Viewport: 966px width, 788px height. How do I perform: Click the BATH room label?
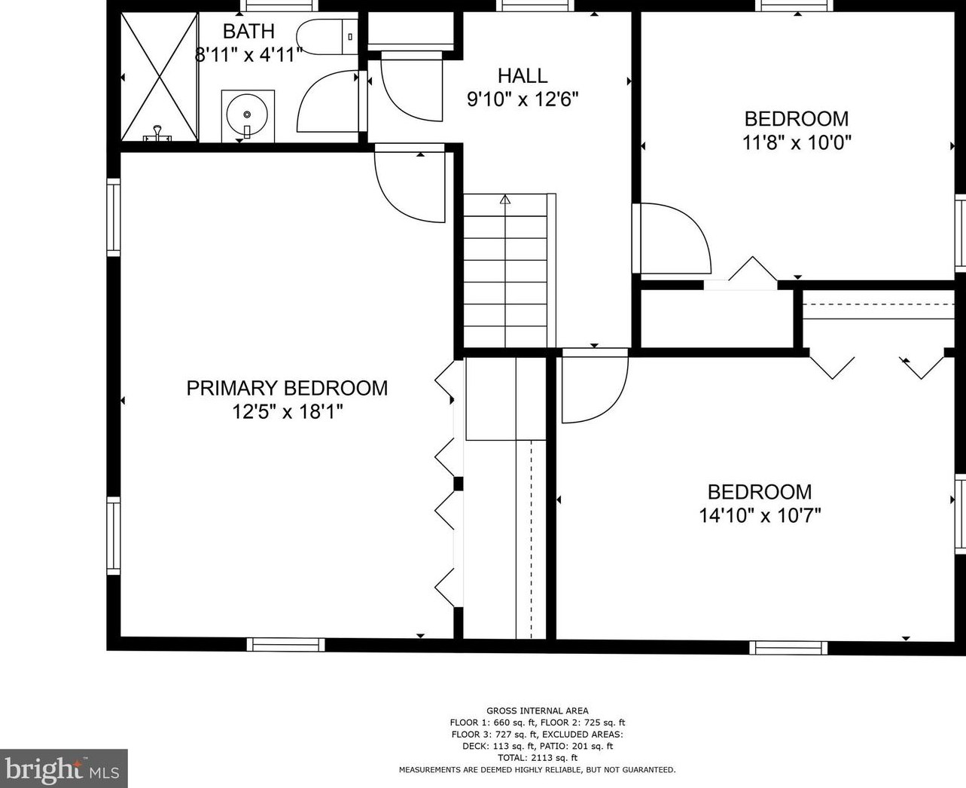click(x=248, y=31)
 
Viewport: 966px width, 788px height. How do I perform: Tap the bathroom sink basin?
click(x=248, y=115)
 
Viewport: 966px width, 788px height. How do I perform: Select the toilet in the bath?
click(x=327, y=37)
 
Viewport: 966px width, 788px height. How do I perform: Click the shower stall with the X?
click(x=159, y=77)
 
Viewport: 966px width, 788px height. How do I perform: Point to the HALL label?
click(x=523, y=75)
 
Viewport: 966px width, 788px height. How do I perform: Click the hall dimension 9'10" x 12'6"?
click(x=523, y=99)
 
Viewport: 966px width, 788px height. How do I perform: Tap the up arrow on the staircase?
click(x=505, y=200)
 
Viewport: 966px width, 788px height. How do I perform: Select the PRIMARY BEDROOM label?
click(x=287, y=388)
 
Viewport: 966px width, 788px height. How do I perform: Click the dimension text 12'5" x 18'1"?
click(x=287, y=411)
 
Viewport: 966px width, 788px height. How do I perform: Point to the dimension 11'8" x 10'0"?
click(x=797, y=142)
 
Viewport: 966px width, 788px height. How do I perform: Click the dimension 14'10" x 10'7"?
click(x=760, y=516)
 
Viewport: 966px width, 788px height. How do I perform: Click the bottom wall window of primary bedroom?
click(x=286, y=645)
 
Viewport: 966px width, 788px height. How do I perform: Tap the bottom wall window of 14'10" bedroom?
click(x=789, y=648)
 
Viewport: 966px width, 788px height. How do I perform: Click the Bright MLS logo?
click(x=63, y=768)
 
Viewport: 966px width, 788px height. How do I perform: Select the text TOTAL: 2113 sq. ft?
click(x=538, y=758)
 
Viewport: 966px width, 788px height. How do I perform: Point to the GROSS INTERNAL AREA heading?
click(x=538, y=711)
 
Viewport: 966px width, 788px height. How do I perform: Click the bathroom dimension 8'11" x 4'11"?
click(x=248, y=55)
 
